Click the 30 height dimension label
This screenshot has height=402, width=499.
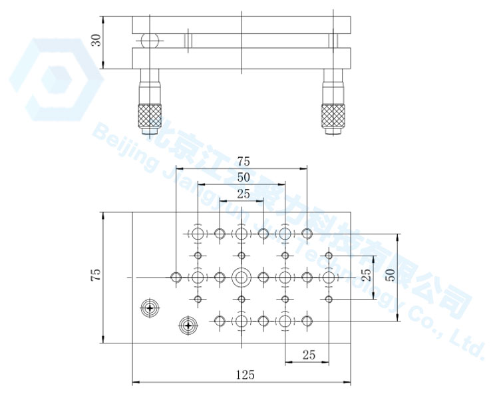pyautogui.click(x=96, y=41)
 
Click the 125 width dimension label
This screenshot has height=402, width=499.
pyautogui.click(x=246, y=375)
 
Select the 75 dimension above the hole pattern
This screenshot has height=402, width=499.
pyautogui.click(x=244, y=162)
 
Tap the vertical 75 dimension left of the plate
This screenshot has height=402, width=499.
pyautogui.click(x=96, y=274)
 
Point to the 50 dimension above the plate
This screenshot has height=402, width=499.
pyautogui.click(x=244, y=178)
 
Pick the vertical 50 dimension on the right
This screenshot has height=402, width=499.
pyautogui.click(x=391, y=275)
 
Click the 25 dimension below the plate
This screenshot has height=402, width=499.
pyautogui.click(x=309, y=355)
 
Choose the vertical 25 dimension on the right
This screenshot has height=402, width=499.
pyautogui.click(x=367, y=275)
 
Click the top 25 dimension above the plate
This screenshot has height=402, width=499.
pyautogui.click(x=244, y=194)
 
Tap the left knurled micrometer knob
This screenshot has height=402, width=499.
pyautogui.click(x=150, y=116)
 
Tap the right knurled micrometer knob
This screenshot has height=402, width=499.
pyautogui.click(x=333, y=116)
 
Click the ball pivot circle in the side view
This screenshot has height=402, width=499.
pyautogui.click(x=150, y=41)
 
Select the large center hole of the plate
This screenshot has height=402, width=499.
pyautogui.click(x=242, y=278)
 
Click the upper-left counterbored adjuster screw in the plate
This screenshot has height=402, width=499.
pyautogui.click(x=150, y=307)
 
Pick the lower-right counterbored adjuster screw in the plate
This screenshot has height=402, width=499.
pyautogui.click(x=188, y=325)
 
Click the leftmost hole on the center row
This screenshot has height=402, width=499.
pyautogui.click(x=176, y=278)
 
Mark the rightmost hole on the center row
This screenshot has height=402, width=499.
pyautogui.click(x=329, y=278)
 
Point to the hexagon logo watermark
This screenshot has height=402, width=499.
pyautogui.click(x=57, y=80)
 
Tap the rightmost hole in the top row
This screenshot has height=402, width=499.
pyautogui.click(x=307, y=234)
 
